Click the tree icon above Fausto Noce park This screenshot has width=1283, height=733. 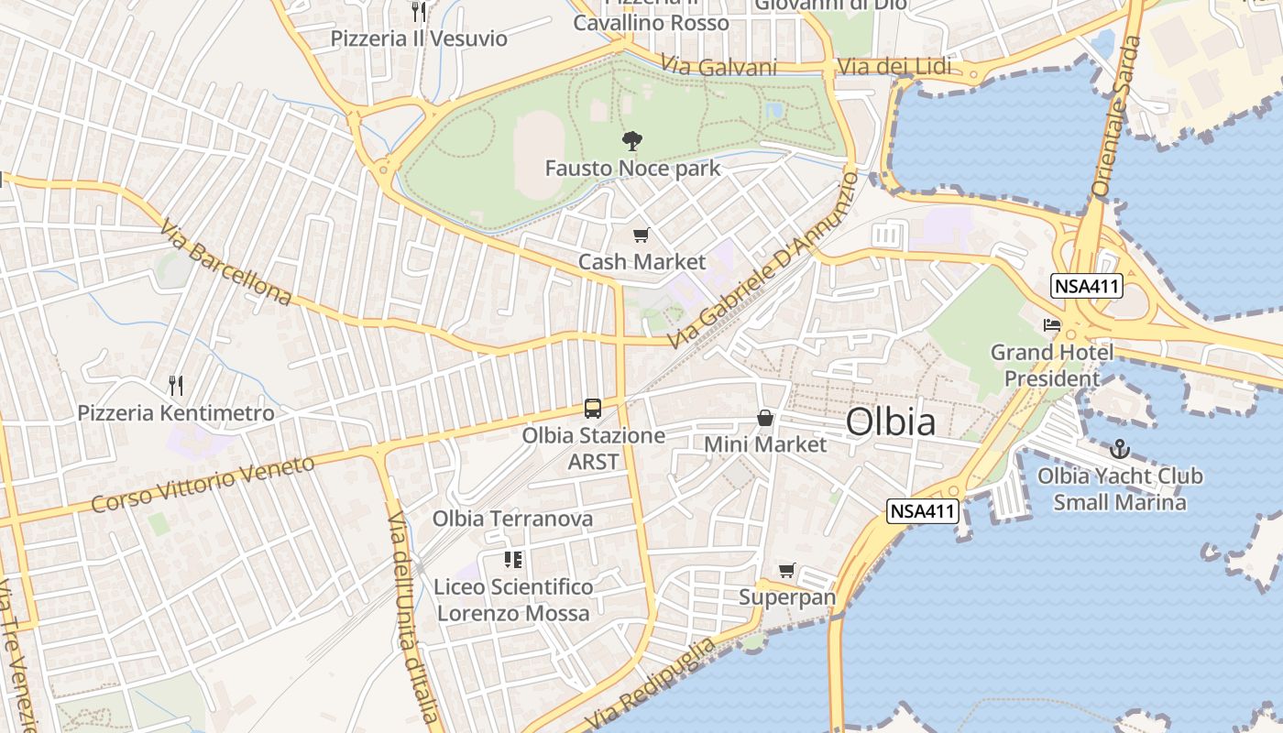[x=631, y=141]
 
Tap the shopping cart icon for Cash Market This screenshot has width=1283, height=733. [x=641, y=235]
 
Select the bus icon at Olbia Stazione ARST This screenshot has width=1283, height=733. [x=593, y=409]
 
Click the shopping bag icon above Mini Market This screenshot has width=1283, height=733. [x=765, y=419]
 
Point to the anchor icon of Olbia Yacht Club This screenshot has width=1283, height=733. [x=1119, y=449]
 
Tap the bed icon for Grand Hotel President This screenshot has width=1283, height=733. [x=1052, y=325]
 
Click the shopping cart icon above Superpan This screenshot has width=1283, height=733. [x=787, y=571]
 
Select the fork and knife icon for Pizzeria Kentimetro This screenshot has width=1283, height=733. [x=176, y=386]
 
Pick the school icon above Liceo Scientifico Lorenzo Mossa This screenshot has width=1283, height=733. [x=513, y=559]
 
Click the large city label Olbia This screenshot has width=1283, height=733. [x=891, y=422]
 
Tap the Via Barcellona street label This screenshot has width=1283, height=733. [x=225, y=262]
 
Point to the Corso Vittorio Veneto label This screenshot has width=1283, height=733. [x=203, y=484]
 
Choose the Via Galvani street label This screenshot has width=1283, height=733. [x=718, y=67]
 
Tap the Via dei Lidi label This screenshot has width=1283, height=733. [x=894, y=67]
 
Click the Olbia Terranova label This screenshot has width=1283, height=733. [x=512, y=519]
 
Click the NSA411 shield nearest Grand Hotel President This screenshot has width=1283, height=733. [x=1087, y=286]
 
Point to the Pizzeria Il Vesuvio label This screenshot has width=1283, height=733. [x=419, y=38]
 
